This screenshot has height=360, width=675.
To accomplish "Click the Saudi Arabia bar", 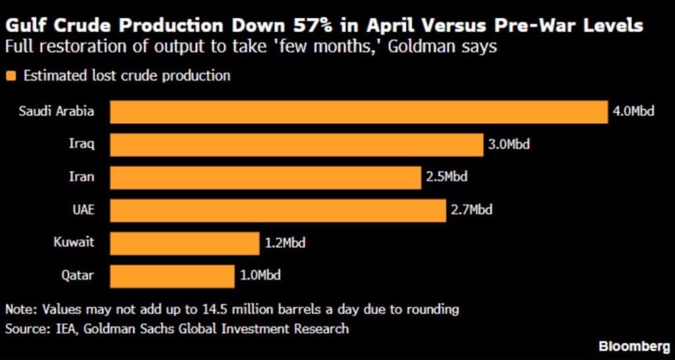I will point(358,111).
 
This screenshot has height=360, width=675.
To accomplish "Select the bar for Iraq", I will point(296,144).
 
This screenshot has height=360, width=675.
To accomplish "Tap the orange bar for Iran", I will point(265,177).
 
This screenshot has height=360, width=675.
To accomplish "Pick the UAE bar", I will point(278,210).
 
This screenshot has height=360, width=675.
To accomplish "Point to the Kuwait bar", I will point(184,243).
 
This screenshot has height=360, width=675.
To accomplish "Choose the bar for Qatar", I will point(171,276).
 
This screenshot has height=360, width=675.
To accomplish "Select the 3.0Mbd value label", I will point(509,144).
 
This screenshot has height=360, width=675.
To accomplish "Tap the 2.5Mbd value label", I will point(446,177).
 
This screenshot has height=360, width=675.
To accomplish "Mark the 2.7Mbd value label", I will point(471,210).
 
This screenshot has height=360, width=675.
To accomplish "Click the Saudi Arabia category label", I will point(57,111).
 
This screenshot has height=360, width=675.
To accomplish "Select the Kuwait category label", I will point(74,243).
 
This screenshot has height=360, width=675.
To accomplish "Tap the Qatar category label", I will point(78,276).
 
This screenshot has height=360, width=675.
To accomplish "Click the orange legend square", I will point(10,76).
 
